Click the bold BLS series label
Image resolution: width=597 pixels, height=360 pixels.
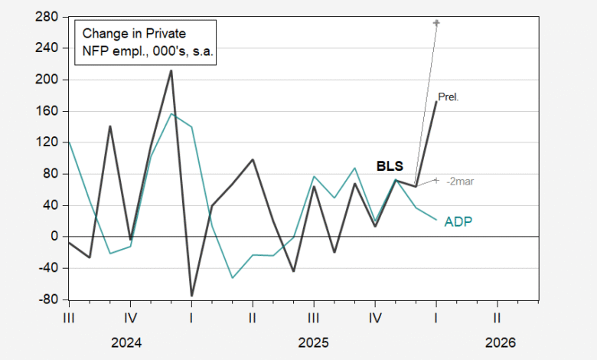(x=389, y=165)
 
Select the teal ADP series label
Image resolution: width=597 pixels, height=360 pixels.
(x=458, y=222)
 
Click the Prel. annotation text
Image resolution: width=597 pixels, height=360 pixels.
(x=448, y=97)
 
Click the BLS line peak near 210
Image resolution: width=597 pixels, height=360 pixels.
(x=171, y=70)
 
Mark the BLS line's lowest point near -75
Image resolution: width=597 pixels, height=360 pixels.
(x=191, y=295)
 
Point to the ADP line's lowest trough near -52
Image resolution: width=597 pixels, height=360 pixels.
(x=233, y=277)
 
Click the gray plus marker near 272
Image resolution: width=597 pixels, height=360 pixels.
(x=436, y=22)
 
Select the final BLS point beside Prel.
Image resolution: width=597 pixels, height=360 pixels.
(x=436, y=102)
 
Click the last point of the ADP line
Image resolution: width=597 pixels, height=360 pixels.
(x=436, y=220)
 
